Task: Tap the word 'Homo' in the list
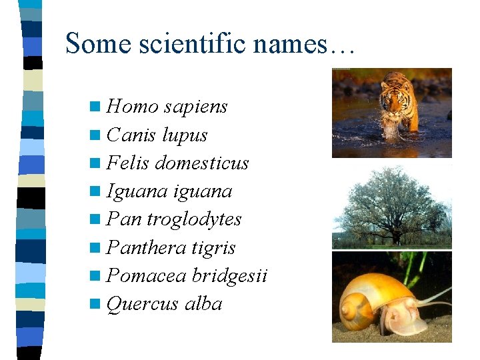132,107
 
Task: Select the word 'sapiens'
195,107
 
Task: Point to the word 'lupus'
185,135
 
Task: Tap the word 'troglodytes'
194,220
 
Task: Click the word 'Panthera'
146,248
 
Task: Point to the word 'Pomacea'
146,276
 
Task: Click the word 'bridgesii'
229,276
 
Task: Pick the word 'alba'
203,305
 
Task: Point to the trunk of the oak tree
397,235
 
